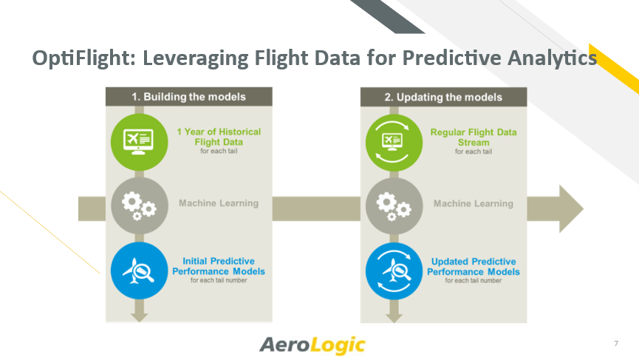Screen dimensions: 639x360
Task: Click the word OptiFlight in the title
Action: tap(83, 58)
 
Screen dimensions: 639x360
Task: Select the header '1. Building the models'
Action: tap(188, 97)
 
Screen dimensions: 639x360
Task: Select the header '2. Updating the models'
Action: tap(443, 97)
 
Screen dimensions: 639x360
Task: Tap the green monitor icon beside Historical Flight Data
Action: tap(140, 142)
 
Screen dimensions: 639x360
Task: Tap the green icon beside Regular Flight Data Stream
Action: tap(394, 143)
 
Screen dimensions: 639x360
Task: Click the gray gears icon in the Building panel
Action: tap(140, 206)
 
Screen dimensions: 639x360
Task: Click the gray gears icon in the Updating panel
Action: tap(394, 206)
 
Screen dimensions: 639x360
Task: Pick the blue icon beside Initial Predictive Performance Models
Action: tap(140, 271)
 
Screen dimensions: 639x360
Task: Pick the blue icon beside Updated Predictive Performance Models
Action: tap(394, 271)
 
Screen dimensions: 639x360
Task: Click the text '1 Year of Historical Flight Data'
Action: tap(219, 137)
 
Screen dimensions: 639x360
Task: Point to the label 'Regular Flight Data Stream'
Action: tap(474, 137)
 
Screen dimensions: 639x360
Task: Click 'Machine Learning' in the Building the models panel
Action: tap(219, 203)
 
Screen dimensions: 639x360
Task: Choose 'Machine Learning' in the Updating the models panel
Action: tap(474, 203)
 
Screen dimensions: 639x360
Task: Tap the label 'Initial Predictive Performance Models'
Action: tap(219, 266)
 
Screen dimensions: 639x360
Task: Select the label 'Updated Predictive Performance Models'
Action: tap(474, 267)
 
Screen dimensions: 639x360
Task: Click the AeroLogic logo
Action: tap(312, 345)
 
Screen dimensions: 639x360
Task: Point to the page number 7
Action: tap(616, 343)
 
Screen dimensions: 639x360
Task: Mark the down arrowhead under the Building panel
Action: tap(140, 318)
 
